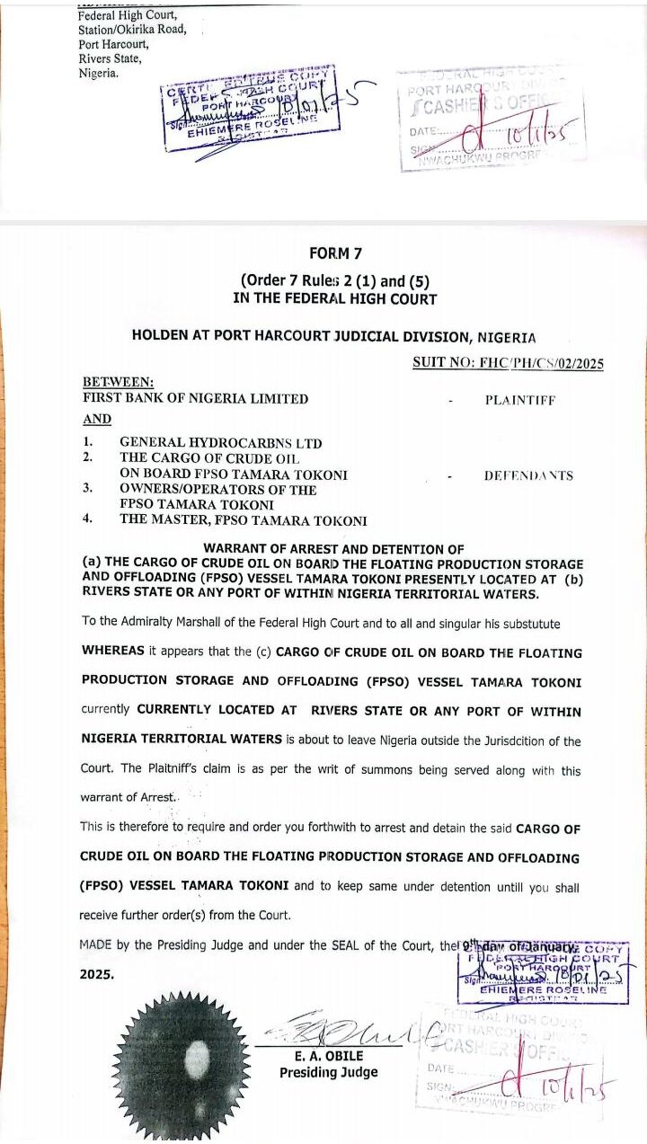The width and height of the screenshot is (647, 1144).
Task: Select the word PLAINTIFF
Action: click(519, 400)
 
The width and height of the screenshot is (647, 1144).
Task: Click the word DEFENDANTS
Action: click(527, 475)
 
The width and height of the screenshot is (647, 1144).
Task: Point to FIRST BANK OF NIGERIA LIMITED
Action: click(195, 398)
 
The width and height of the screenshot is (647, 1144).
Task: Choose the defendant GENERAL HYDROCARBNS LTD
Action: click(220, 443)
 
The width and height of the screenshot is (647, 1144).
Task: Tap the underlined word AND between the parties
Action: click(97, 419)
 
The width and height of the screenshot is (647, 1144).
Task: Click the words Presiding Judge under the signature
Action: click(328, 1072)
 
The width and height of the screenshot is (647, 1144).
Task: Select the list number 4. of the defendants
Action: click(88, 519)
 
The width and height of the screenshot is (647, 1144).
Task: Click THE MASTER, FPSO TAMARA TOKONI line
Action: click(243, 520)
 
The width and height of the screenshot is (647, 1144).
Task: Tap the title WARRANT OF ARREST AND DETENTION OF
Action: click(333, 548)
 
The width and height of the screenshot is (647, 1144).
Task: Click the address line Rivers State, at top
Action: click(111, 58)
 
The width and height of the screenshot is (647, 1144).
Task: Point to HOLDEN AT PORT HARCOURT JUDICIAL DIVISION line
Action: click(333, 337)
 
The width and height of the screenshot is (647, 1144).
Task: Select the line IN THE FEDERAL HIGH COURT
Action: click(334, 298)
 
